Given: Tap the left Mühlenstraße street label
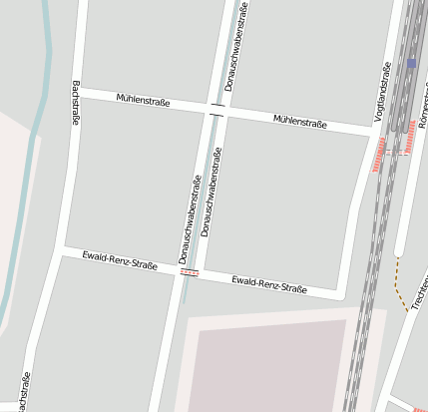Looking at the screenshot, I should click(x=143, y=101).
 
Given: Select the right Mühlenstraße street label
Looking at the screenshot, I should click(x=299, y=122).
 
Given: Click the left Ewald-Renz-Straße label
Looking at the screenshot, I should click(x=120, y=261).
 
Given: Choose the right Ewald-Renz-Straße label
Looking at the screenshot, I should click(x=268, y=285).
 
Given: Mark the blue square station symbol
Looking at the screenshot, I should click(x=411, y=63).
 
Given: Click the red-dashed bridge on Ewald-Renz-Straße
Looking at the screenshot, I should click(x=190, y=272).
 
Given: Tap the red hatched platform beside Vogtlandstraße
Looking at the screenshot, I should click(x=380, y=156).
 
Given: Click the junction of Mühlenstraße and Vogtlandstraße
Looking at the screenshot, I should click(x=373, y=132).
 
